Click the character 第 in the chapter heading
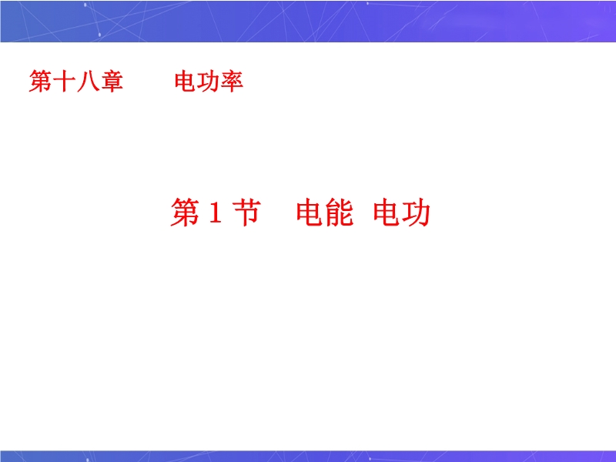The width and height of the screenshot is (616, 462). [41, 82]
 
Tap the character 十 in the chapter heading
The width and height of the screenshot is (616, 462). [64, 82]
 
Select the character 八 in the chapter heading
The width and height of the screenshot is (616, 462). [88, 82]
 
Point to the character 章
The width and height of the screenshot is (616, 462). [112, 82]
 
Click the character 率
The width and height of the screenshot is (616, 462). [232, 82]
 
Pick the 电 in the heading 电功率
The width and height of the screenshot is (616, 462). [186, 82]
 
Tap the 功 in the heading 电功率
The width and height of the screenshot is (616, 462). [208, 82]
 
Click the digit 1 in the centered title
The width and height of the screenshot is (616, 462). [216, 213]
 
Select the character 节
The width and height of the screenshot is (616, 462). [246, 212]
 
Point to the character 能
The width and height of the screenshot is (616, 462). [339, 213]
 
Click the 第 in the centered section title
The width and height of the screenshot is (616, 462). [185, 213]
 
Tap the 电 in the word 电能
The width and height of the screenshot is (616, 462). [310, 213]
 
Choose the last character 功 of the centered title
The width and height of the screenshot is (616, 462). [416, 213]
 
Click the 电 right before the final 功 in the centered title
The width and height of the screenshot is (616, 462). [387, 213]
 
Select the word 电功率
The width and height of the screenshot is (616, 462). [209, 82]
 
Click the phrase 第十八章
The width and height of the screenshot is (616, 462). [75, 82]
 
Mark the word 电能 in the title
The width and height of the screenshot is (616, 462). [324, 213]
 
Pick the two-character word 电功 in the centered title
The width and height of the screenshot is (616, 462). [401, 213]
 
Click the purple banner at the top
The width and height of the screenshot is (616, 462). [308, 22]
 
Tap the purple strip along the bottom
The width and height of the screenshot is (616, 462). [308, 456]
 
